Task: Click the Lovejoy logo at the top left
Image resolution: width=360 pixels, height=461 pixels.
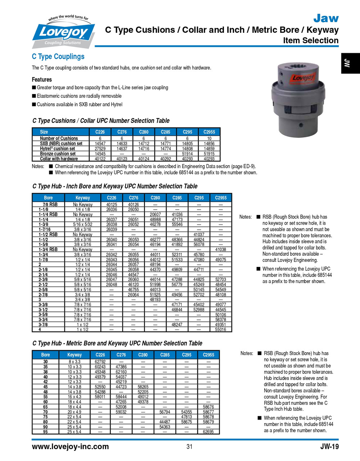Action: click(64, 32)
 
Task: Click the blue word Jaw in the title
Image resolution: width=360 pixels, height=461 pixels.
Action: click(325, 18)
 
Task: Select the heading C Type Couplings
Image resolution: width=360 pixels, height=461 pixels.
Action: click(58, 57)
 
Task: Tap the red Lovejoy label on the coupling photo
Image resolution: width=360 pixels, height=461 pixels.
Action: click(303, 77)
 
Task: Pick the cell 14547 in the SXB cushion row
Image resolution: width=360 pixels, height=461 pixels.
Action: click(100, 143)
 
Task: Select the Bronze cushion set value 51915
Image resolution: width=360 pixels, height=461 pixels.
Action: click(209, 153)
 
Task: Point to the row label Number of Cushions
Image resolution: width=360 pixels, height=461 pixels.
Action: click(59, 138)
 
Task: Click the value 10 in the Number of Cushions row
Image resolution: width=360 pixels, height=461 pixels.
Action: click(209, 138)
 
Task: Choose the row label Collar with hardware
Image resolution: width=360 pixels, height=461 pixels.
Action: click(59, 158)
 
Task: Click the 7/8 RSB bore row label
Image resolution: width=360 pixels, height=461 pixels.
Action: click(50, 204)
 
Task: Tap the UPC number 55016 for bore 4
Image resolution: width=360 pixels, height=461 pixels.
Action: click(221, 329)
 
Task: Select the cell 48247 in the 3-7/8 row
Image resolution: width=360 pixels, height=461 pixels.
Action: click(177, 325)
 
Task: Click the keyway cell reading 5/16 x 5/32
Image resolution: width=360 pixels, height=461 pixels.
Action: click(83, 224)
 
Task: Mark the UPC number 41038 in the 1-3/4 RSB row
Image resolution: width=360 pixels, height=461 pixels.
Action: click(221, 249)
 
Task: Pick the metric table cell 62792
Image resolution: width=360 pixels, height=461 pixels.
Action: click(100, 362)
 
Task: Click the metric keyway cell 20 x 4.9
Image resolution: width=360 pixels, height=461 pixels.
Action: click(75, 412)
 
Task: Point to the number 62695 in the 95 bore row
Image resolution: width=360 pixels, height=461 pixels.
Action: click(208, 431)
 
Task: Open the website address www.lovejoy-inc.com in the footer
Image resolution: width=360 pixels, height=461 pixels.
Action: click(70, 447)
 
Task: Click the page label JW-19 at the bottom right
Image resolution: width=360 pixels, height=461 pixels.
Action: click(329, 447)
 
